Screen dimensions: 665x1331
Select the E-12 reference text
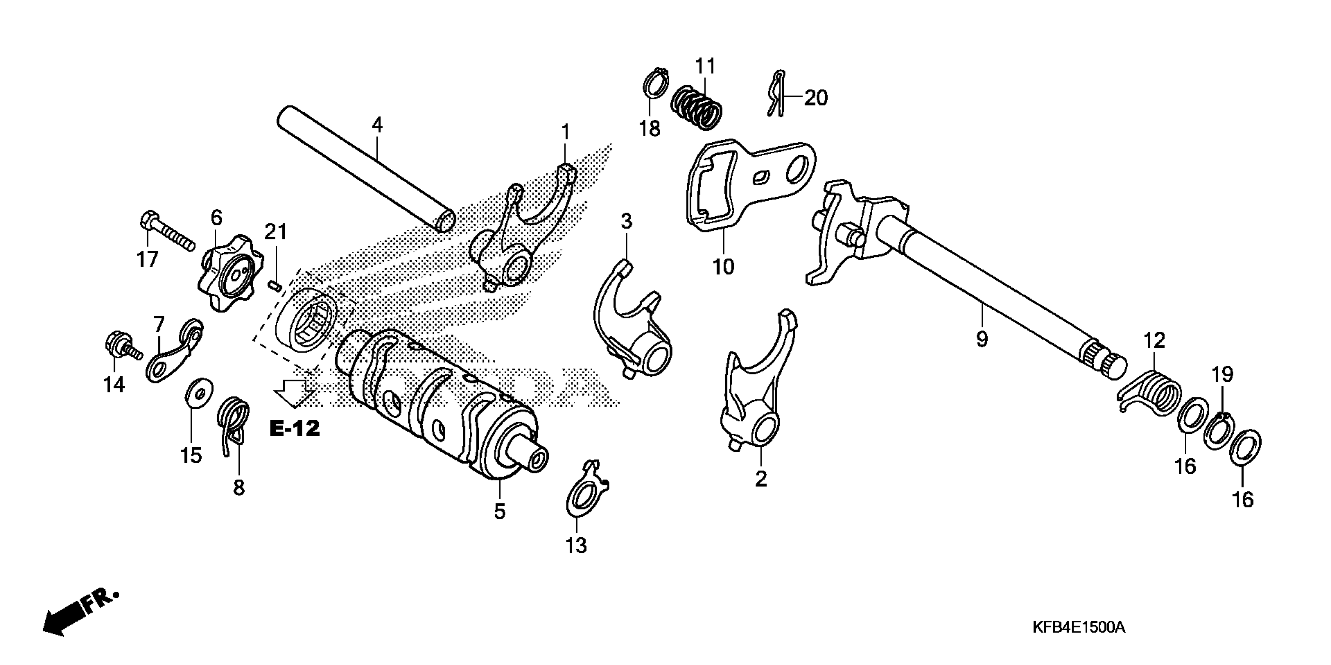(x=295, y=428)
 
